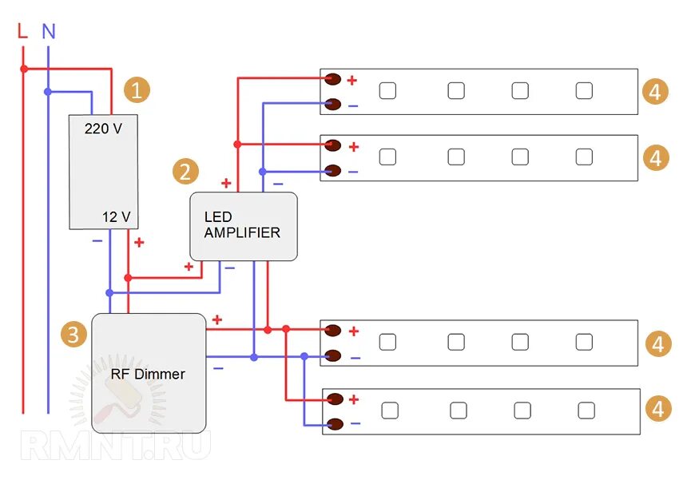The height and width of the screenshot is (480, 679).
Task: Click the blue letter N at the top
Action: (49, 31)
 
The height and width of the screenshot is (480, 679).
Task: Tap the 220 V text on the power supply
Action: (103, 129)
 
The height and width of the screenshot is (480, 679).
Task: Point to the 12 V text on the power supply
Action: (116, 216)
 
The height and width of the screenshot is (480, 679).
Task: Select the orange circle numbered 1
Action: (137, 90)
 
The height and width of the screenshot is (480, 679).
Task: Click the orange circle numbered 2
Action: (185, 172)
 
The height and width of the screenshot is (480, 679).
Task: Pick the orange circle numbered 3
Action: (73, 334)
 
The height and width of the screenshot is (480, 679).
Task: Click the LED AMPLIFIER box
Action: (244, 226)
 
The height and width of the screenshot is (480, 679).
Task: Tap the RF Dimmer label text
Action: (148, 374)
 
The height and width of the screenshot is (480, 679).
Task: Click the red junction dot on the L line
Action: (24, 69)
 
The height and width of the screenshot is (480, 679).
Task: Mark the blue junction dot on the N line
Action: (48, 92)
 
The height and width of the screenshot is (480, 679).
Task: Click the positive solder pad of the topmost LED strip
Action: (333, 79)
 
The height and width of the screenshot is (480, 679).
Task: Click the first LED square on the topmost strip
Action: (387, 90)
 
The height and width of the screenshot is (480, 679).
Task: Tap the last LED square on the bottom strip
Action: (586, 411)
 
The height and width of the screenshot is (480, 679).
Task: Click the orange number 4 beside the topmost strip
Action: (655, 91)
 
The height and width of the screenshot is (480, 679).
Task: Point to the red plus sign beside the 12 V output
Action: (139, 242)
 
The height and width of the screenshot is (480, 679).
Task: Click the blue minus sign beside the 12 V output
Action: (97, 240)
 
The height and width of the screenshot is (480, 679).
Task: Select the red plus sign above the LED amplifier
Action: (226, 183)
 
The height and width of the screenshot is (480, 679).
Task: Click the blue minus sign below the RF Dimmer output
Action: (218, 368)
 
